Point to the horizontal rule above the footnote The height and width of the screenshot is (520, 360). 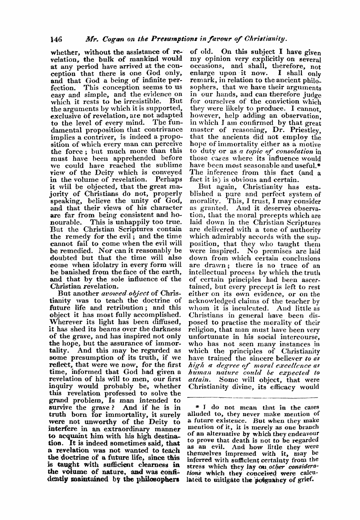click(x=254, y=397)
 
